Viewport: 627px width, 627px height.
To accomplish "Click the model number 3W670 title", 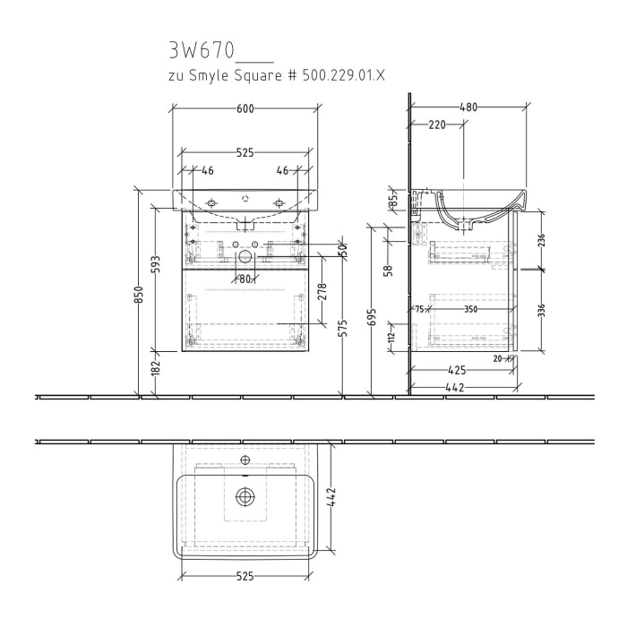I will click(x=199, y=49).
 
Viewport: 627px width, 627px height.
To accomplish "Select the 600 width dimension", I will click(x=245, y=108).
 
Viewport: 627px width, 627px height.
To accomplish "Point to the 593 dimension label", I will click(x=156, y=266).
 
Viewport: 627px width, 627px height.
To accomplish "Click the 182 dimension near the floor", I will click(x=155, y=366).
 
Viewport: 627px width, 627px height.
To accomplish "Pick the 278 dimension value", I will click(x=321, y=292).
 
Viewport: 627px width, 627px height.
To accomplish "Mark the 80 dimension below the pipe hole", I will click(x=244, y=278).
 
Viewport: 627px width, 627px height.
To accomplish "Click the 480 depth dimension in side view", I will click(x=468, y=107).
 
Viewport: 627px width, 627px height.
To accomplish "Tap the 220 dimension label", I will click(x=436, y=125).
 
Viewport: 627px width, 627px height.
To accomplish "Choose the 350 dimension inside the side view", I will click(x=470, y=308).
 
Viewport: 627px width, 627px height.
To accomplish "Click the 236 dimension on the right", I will click(x=542, y=241).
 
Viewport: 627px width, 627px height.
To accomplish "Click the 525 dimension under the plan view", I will click(x=245, y=576).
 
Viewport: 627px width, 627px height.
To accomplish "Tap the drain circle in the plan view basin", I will click(x=245, y=496).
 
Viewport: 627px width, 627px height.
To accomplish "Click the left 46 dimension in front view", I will click(x=208, y=169).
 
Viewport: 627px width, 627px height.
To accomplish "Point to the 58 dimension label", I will click(x=389, y=270).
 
